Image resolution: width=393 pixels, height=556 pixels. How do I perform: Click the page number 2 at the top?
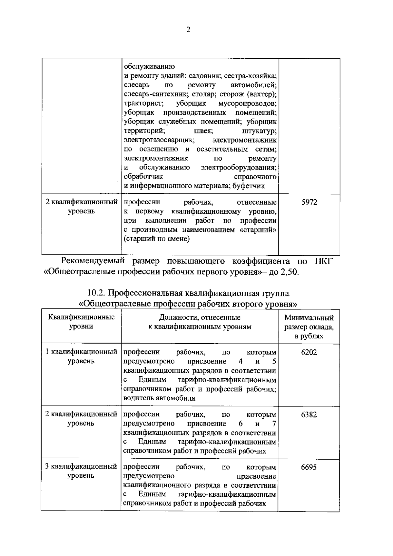coord(188,30)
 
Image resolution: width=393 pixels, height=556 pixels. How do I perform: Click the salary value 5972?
coord(309,202)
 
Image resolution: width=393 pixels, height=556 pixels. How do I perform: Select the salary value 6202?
coord(309,352)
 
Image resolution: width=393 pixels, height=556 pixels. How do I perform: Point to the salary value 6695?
coord(309,467)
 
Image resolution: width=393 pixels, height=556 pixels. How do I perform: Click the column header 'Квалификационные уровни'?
coord(81,322)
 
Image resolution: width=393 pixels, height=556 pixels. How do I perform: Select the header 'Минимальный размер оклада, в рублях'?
coord(309,327)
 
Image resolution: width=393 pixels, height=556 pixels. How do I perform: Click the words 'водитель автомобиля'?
coord(159,398)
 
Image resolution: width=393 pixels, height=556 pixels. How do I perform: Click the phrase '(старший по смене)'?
coord(157,239)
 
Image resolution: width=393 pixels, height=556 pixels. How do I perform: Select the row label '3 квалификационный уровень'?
coord(81,471)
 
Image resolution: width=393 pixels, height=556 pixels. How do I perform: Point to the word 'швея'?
coord(203,131)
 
